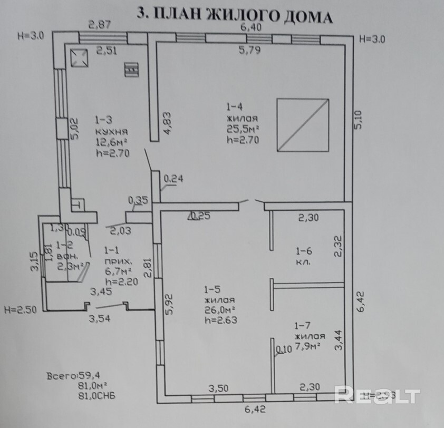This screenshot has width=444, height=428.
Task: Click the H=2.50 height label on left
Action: (x=19, y=310)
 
